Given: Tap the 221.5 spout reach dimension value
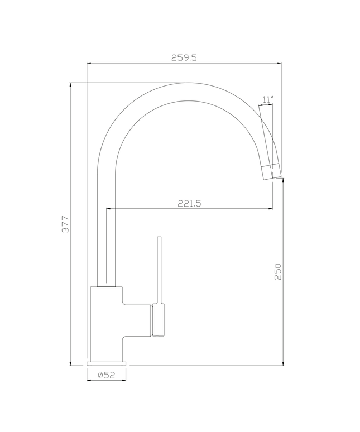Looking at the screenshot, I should (x=189, y=204).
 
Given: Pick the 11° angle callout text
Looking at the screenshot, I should (x=268, y=99).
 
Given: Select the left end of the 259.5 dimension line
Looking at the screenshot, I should (x=87, y=64).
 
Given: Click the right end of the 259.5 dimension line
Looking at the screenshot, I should (x=281, y=64).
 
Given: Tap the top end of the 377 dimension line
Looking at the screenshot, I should (x=71, y=83).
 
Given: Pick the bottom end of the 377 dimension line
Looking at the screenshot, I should (x=71, y=366).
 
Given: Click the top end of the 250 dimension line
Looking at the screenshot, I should (x=284, y=179).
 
